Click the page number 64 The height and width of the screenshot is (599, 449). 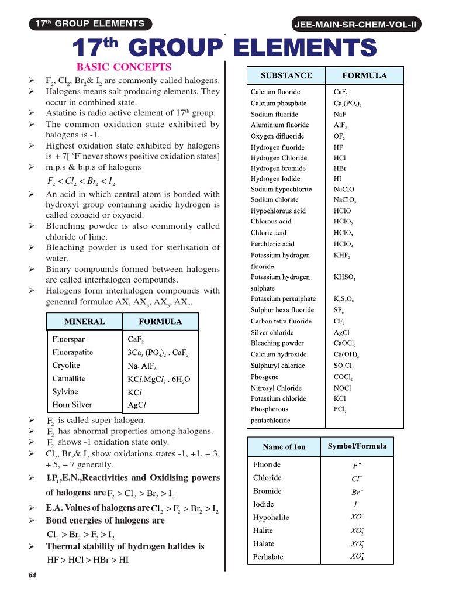(32, 576)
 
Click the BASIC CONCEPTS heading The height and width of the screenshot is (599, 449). (123, 67)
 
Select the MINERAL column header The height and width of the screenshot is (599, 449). (85, 322)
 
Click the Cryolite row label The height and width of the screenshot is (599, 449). (66, 366)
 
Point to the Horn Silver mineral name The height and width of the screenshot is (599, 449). (72, 405)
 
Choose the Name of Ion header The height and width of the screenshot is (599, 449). (284, 447)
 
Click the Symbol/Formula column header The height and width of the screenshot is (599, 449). (357, 446)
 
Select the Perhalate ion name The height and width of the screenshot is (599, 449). (268, 557)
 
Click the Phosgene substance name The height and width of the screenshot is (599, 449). (264, 377)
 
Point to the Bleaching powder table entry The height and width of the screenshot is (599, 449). (277, 343)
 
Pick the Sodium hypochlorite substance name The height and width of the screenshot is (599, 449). (281, 190)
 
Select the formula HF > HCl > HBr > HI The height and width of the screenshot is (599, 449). (88, 560)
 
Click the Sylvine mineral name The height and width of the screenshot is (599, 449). (65, 392)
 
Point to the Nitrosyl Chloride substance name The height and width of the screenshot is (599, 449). (276, 388)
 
